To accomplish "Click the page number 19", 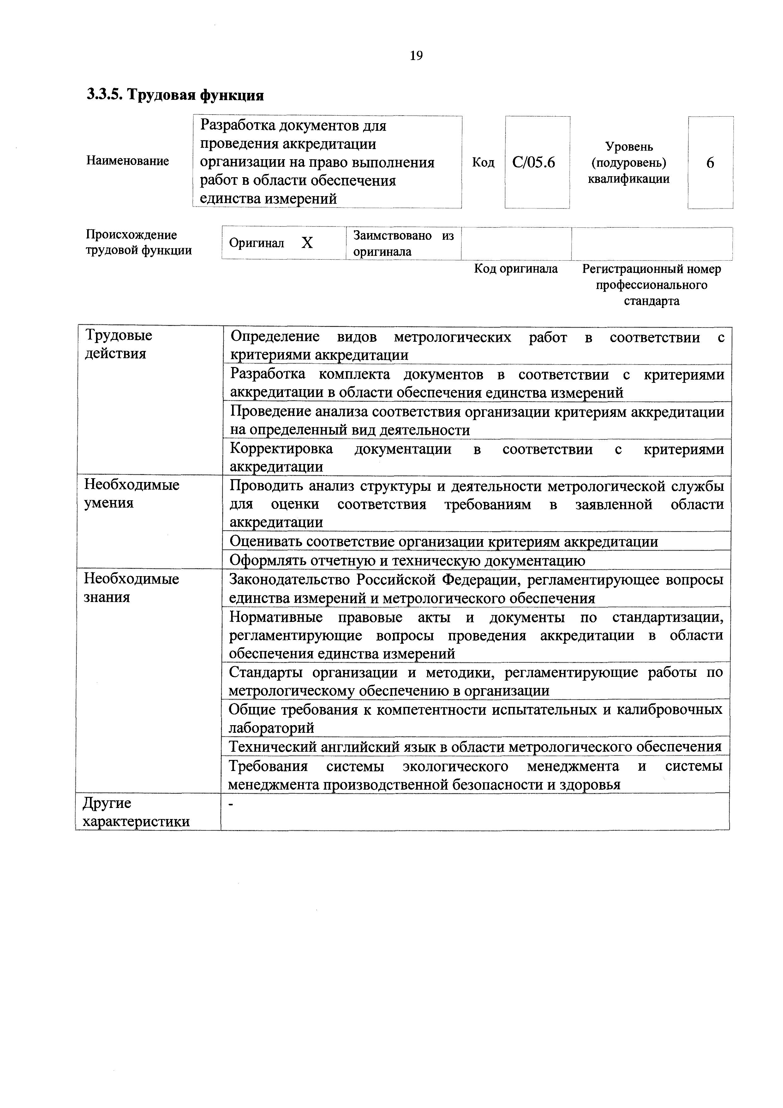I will [416, 56].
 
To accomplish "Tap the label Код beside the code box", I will [483, 163].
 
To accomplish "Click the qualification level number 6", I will [710, 163].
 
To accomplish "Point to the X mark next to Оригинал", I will [307, 243].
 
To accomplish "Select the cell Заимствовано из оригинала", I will [403, 243].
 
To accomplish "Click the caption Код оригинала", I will [515, 269].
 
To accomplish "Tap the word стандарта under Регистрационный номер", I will [651, 301].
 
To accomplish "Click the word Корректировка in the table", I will [281, 449].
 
